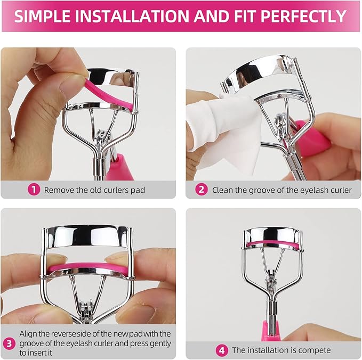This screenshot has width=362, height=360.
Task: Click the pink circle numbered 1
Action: [x=34, y=190]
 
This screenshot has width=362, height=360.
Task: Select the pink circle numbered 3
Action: [x=9, y=342]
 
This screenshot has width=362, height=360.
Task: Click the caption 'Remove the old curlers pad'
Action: [x=94, y=190]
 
